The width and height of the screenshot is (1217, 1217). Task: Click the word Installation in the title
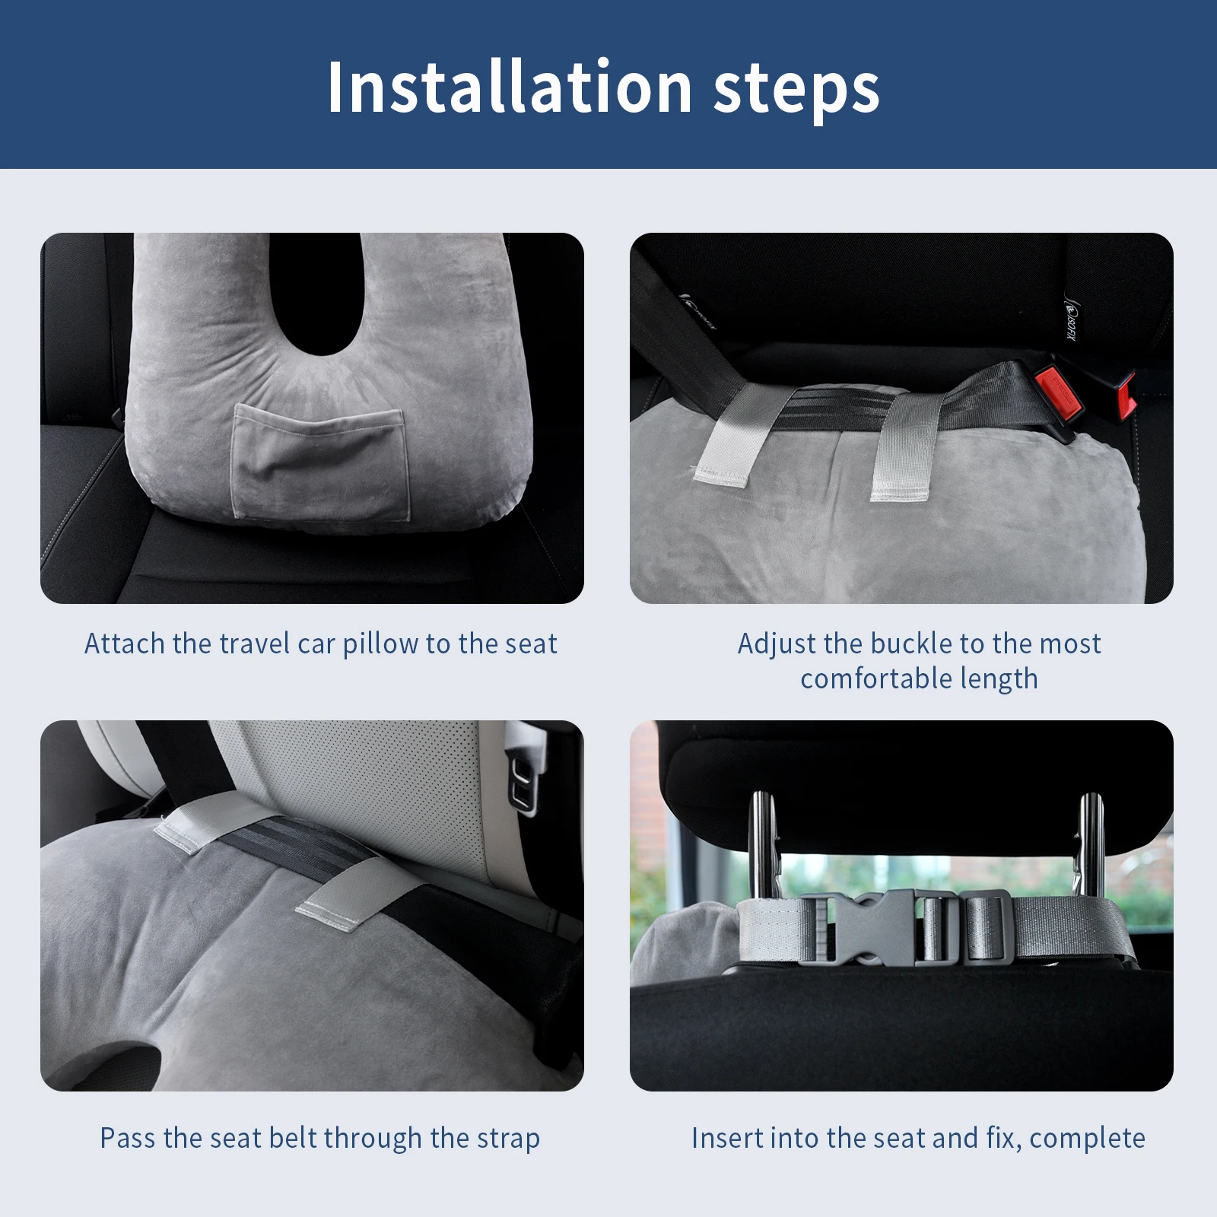pos(508,87)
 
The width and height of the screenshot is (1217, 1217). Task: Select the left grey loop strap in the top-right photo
pos(726,437)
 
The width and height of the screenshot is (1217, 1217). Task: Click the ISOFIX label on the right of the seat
pos(1071,320)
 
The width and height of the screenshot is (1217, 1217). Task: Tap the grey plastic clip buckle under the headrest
pos(882,926)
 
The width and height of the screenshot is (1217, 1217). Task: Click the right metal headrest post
pos(1091,844)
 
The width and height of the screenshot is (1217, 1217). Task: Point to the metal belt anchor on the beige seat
pos(525,783)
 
